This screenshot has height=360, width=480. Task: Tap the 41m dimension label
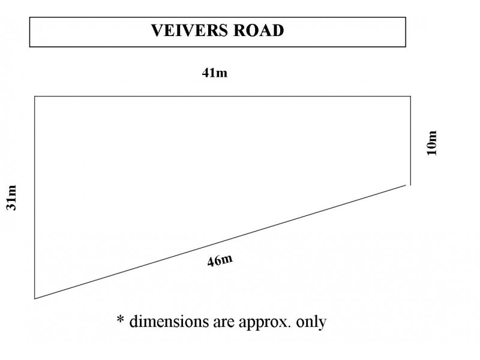(215, 73)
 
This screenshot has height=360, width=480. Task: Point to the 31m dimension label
(11, 197)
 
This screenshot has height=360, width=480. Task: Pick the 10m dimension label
(431, 143)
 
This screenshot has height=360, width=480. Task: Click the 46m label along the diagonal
(220, 260)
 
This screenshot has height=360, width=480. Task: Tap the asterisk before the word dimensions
(121, 319)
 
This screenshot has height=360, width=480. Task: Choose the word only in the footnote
(311, 323)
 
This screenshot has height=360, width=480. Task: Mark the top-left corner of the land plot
(35, 97)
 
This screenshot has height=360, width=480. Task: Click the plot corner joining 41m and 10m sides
(410, 97)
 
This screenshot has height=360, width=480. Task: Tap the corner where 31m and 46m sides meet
(35, 298)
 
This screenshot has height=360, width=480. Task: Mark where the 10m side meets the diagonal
(410, 185)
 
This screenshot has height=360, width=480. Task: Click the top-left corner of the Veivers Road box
(29, 17)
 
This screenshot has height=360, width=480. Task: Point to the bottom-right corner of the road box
(406, 47)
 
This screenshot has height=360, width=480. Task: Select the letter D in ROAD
(277, 31)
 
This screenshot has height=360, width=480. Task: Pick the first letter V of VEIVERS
(158, 31)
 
